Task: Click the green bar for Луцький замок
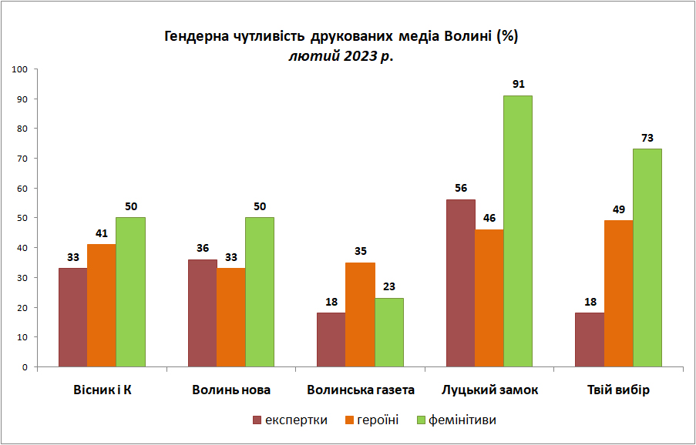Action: click(x=517, y=232)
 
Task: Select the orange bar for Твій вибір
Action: click(x=618, y=294)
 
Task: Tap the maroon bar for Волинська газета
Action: click(x=331, y=340)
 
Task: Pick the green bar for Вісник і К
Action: click(x=130, y=292)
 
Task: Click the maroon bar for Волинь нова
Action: click(x=203, y=313)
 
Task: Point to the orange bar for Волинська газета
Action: click(x=360, y=315)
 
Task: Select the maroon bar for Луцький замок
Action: click(x=461, y=283)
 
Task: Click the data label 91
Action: click(x=519, y=84)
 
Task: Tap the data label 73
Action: click(x=647, y=138)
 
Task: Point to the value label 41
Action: click(x=102, y=233)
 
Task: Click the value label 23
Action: click(x=388, y=286)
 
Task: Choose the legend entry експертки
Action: click(x=291, y=420)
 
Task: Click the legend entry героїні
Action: click(x=372, y=420)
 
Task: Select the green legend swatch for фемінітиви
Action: click(x=421, y=420)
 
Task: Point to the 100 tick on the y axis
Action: click(x=22, y=69)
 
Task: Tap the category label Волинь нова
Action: click(x=231, y=390)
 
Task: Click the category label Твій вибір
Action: click(x=618, y=390)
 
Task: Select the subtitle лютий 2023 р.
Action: click(x=341, y=57)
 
